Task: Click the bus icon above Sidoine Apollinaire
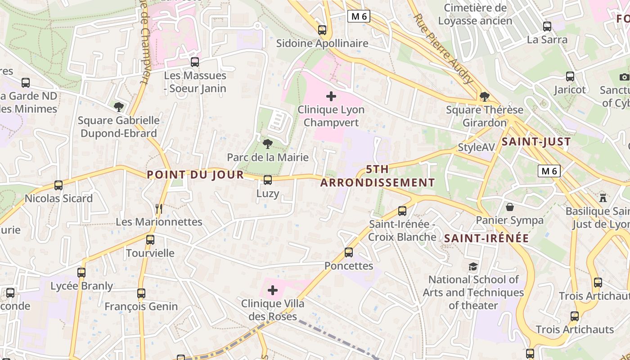322,30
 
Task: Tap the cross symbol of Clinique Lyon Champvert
331,96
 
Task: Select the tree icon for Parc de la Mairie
268,144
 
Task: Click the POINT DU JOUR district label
195,175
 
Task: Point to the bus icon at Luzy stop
268,180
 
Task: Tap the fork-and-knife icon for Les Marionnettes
158,209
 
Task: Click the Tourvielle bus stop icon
150,240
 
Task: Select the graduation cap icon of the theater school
473,267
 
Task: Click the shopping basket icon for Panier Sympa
510,207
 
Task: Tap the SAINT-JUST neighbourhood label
536,142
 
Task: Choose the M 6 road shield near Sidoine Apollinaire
359,17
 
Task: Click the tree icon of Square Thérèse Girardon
485,96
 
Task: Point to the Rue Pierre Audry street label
443,49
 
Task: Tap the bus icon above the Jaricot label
570,76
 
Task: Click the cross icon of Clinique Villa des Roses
273,290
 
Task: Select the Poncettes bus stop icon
349,252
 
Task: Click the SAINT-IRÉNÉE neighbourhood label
486,238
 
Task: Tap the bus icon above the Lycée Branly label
81,273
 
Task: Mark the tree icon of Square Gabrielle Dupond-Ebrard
119,107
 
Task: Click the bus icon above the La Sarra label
547,27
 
